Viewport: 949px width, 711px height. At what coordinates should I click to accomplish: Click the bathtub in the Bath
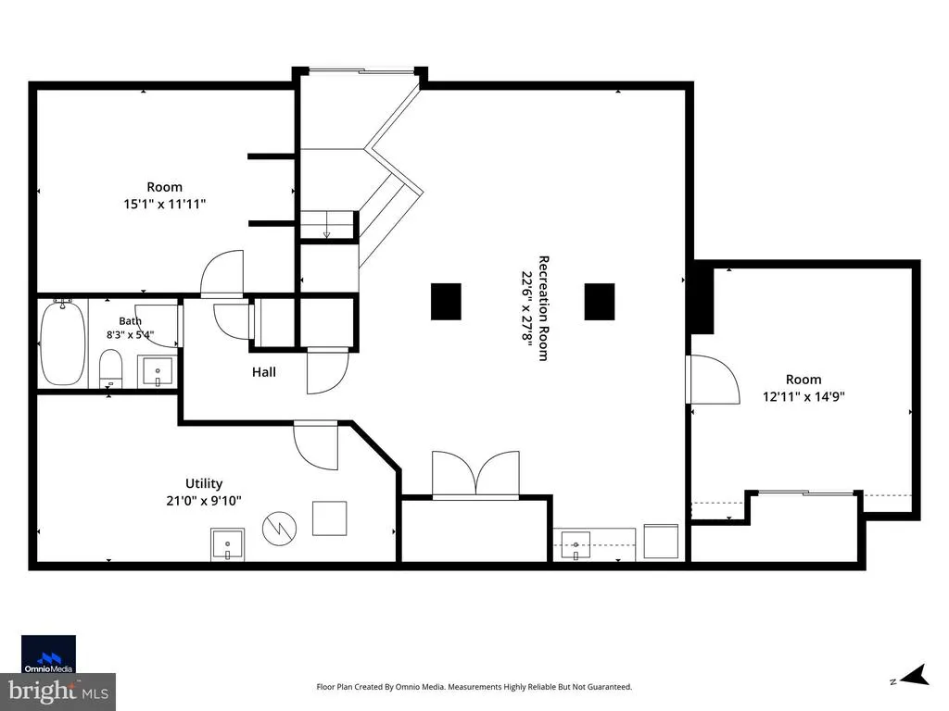tap(62, 343)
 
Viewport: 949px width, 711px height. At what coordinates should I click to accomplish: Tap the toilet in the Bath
tap(111, 368)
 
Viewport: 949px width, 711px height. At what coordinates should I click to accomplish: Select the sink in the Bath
tap(158, 371)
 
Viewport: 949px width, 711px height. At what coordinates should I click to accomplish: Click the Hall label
tap(264, 372)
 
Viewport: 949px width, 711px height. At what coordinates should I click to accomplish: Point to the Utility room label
tap(204, 483)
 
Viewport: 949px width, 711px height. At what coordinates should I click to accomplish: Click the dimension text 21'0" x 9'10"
tap(204, 501)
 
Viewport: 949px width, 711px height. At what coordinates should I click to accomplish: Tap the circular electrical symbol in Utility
tap(279, 529)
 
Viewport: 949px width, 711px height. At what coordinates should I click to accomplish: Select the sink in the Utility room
tap(228, 544)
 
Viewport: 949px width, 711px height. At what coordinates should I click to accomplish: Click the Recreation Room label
tap(543, 308)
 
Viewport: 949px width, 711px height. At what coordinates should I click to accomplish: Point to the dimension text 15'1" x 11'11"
tap(165, 204)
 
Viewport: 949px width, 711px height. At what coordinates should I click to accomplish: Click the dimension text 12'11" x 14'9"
tap(803, 396)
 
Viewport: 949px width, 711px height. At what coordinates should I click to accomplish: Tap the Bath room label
tap(130, 321)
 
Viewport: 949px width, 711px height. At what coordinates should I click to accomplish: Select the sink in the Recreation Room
tap(576, 544)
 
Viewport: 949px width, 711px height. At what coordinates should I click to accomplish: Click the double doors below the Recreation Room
tap(475, 475)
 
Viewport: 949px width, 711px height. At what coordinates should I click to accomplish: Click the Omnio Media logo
tap(48, 655)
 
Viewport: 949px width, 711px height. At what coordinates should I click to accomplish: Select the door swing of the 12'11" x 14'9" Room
tap(715, 379)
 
